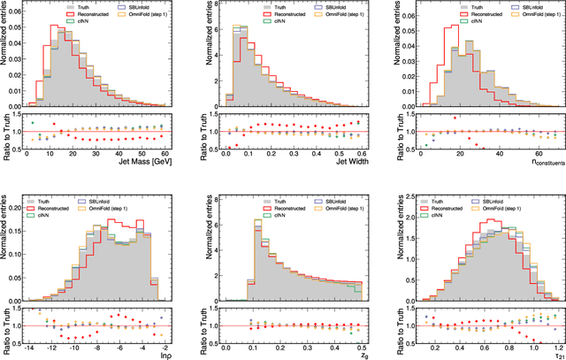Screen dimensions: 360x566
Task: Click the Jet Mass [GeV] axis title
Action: click(141, 162)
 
